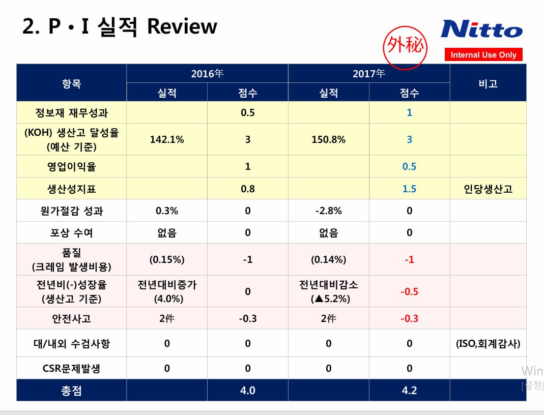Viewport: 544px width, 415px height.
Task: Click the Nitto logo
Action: coord(481,29)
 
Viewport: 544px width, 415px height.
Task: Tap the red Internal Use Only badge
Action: coord(483,54)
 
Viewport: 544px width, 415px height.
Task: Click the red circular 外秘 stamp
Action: coord(405,47)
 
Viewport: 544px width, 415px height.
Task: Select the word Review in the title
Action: coord(182,26)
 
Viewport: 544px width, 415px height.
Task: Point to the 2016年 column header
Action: coord(207,74)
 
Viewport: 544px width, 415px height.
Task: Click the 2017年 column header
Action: coord(369,74)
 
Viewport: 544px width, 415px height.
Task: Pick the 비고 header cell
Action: coord(488,83)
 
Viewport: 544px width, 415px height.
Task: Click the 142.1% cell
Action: coord(167,139)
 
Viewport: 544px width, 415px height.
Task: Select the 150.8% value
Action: coord(329,139)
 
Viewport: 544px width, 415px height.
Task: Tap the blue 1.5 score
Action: coord(409,189)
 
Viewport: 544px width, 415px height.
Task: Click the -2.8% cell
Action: coord(329,211)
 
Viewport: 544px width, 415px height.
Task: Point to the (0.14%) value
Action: coord(329,259)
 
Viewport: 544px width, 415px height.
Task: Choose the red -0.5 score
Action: coord(409,291)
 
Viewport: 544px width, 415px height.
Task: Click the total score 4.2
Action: coord(409,391)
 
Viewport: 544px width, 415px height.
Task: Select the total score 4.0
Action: coord(248,391)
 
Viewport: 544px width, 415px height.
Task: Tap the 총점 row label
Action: coord(71,391)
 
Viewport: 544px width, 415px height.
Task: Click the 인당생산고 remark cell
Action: coord(488,189)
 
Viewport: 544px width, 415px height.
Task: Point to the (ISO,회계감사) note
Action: coord(488,344)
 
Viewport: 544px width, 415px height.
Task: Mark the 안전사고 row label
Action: coord(71,318)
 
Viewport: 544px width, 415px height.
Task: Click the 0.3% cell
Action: coord(167,211)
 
